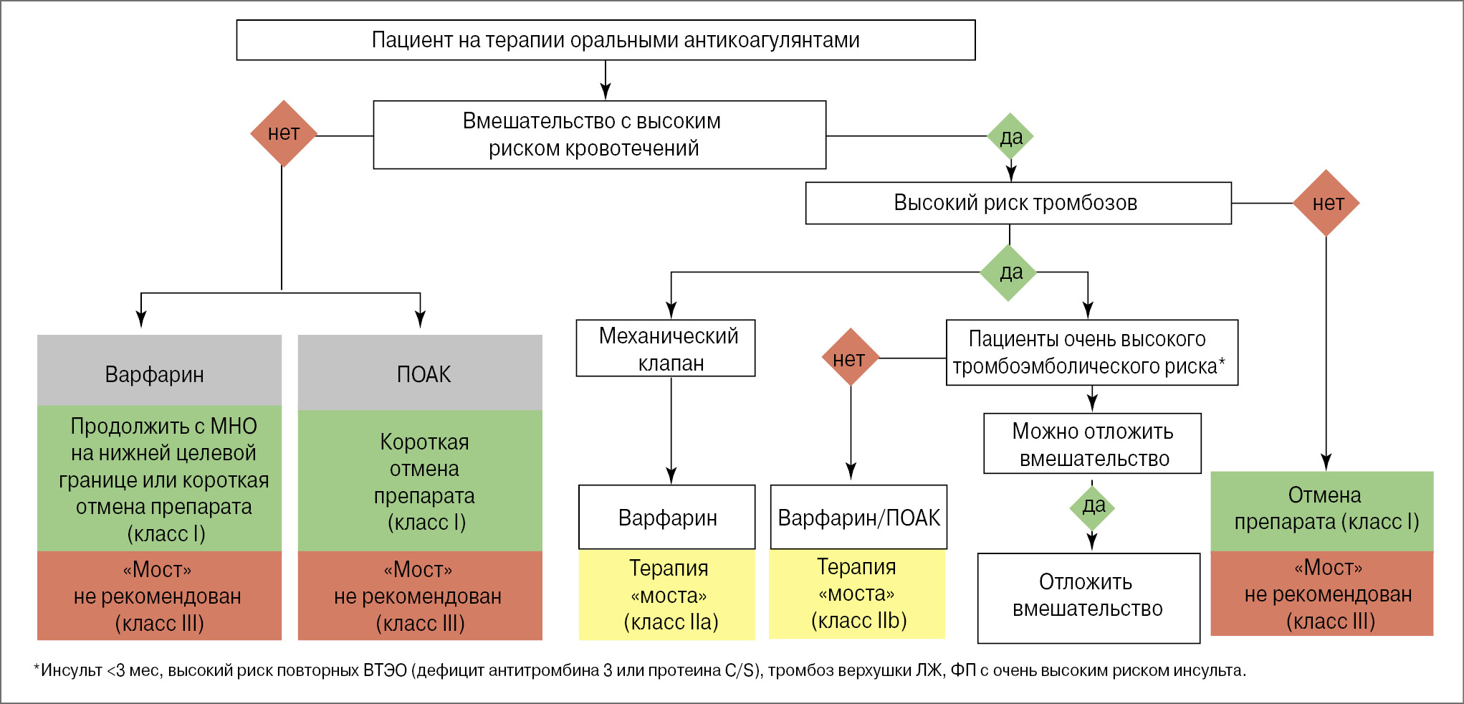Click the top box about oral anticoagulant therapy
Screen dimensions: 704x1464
click(606, 40)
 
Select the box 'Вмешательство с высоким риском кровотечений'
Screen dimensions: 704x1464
click(599, 135)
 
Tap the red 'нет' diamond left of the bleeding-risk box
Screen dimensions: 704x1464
click(284, 133)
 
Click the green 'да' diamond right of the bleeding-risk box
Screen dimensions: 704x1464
click(1010, 136)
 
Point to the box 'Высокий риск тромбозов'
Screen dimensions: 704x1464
click(1018, 203)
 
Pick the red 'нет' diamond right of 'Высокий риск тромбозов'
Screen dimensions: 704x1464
click(1326, 203)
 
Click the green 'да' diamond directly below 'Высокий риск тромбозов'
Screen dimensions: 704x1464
click(1009, 272)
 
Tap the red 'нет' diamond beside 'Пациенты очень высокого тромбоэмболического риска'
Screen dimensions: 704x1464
click(850, 358)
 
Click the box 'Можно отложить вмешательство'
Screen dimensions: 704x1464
click(1092, 444)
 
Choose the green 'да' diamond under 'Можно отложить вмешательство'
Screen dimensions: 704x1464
click(1092, 507)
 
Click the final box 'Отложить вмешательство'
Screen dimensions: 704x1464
click(1088, 596)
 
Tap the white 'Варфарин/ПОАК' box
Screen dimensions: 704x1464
click(858, 517)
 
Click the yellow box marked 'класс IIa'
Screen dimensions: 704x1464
click(666, 594)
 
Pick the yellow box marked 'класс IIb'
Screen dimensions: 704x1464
click(857, 594)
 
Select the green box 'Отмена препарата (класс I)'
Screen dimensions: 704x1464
click(1322, 510)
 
